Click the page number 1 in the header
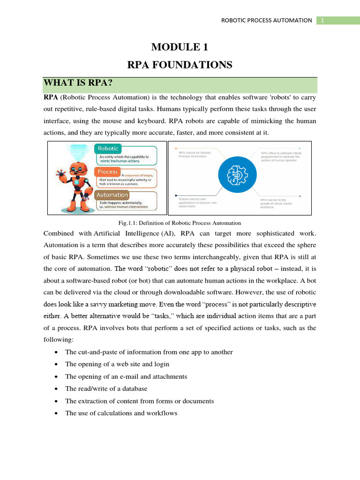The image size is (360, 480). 322,20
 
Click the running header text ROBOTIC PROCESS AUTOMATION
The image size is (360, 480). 267,20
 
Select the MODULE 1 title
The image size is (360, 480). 180,47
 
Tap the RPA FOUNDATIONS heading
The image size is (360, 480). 180,65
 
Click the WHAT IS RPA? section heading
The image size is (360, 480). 79,83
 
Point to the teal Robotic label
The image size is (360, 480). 108,149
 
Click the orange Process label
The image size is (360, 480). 107,172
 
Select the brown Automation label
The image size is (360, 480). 112,195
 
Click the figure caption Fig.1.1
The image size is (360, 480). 180,223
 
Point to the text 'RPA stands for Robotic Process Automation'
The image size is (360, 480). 195,154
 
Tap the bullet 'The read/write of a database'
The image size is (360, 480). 106,388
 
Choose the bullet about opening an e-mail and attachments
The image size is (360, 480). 126,376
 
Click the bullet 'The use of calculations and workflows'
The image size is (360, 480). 121,413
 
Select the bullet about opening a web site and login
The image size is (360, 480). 117,364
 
